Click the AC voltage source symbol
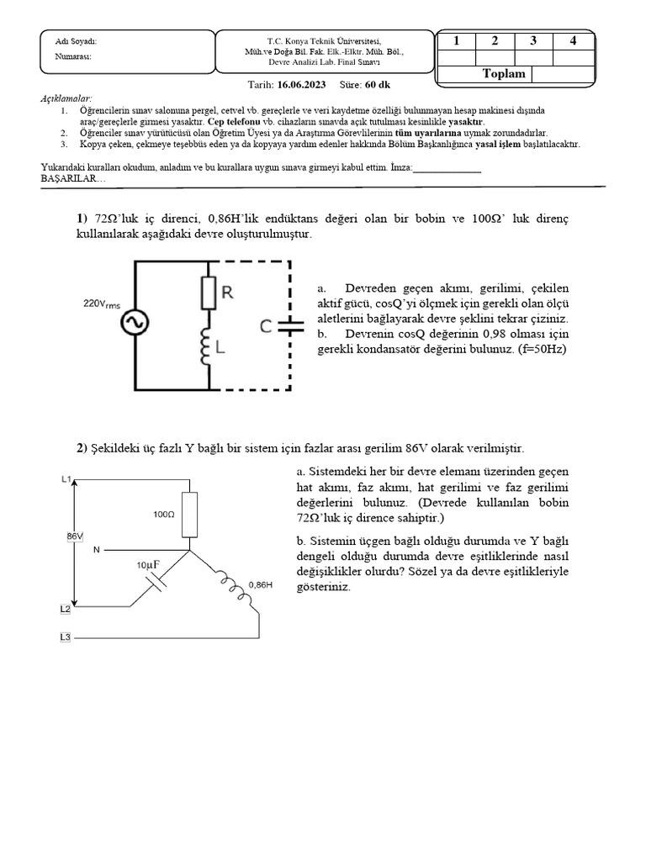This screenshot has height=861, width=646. [135, 324]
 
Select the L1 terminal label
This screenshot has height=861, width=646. [66, 479]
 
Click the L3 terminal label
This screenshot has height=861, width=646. [66, 638]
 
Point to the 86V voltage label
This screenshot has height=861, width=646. [74, 536]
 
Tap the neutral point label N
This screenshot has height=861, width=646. [96, 550]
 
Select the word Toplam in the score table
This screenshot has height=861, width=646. [504, 74]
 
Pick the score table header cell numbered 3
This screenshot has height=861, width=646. [533, 40]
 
